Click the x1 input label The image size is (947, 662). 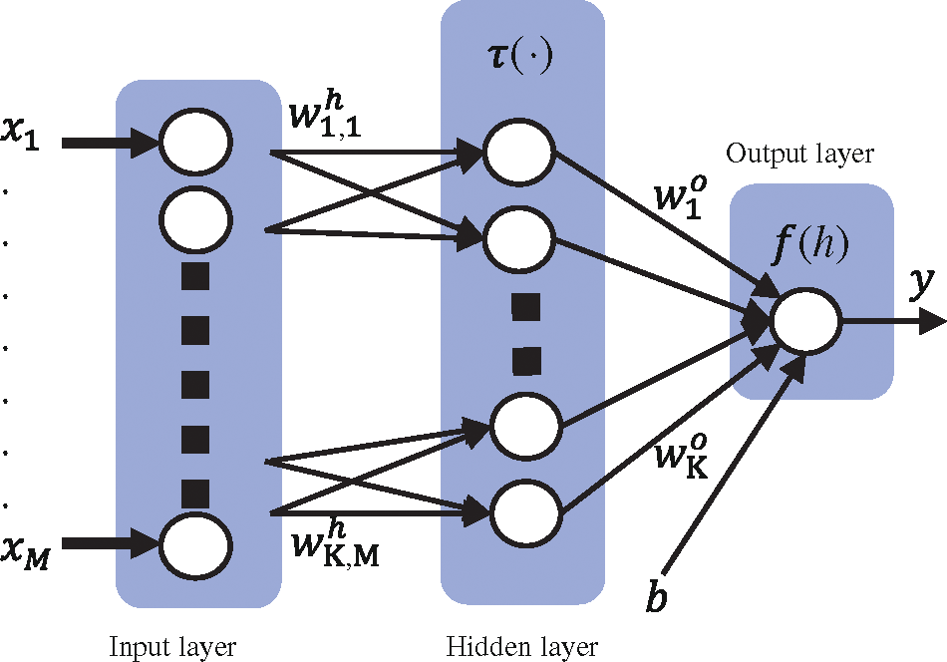(19, 133)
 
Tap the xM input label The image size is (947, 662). (24, 551)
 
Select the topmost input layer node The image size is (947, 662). (195, 142)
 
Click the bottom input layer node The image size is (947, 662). (195, 546)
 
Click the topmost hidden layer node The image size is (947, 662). (519, 153)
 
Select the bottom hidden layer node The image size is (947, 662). (525, 512)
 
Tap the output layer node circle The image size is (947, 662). (805, 319)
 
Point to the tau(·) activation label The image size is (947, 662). (520, 58)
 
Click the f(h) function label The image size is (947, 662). (810, 245)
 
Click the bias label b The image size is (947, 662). (657, 594)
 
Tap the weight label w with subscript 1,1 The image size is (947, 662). (325, 115)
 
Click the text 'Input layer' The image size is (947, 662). (172, 647)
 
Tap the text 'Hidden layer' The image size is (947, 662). (521, 646)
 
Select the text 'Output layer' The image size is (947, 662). (799, 154)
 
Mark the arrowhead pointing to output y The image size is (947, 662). (931, 320)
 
